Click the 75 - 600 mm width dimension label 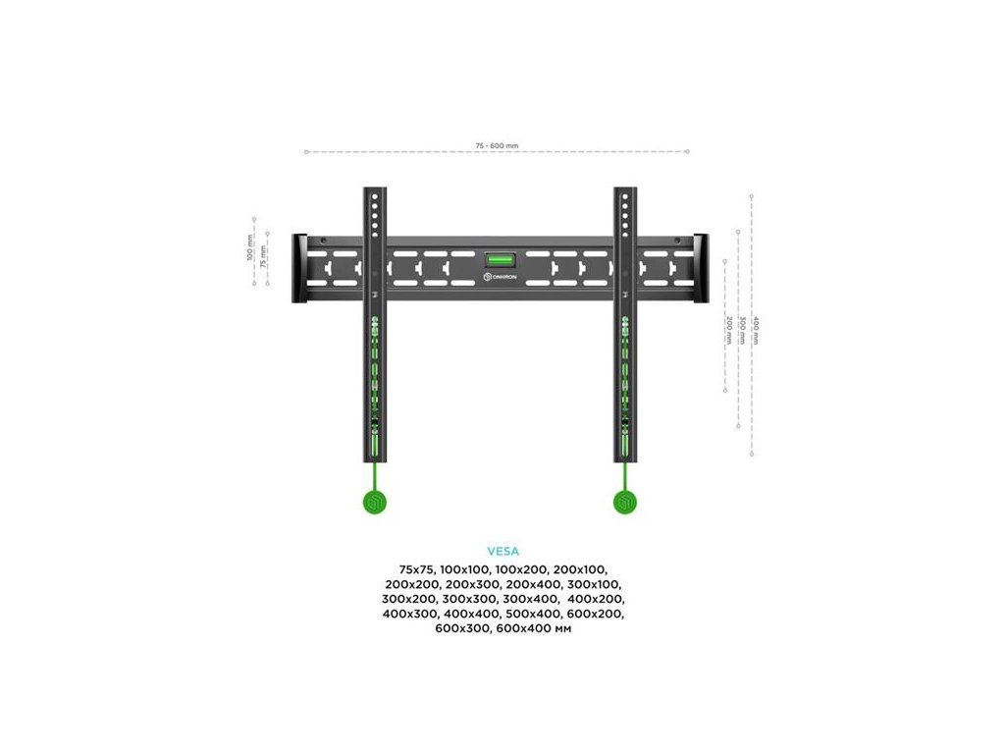[x=497, y=145]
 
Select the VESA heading [x=502, y=552]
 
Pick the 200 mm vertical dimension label [x=728, y=329]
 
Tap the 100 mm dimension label [x=250, y=247]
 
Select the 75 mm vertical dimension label [x=263, y=256]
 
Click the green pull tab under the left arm [x=375, y=503]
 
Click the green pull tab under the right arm [x=624, y=503]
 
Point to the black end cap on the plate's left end [x=298, y=268]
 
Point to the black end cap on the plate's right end [x=701, y=268]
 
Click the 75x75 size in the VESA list [x=416, y=569]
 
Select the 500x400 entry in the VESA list [x=530, y=614]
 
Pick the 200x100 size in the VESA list [x=580, y=569]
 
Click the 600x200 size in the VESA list [x=595, y=614]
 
